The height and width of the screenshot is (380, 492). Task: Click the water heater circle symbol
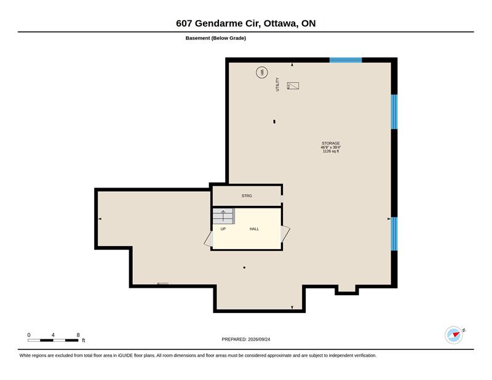click(x=262, y=73)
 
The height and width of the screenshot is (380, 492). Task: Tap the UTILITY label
click(x=277, y=84)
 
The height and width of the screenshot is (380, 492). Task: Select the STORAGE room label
click(x=331, y=143)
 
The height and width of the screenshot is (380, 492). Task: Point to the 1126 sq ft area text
click(x=331, y=151)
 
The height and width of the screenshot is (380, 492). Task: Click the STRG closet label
click(x=247, y=196)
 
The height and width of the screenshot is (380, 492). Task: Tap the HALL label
click(x=254, y=229)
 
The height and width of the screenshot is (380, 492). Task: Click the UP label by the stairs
click(x=223, y=229)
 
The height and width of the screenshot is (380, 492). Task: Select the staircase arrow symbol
click(x=223, y=216)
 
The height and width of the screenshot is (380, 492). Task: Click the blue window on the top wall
click(x=346, y=60)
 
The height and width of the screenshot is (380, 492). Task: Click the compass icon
click(x=454, y=335)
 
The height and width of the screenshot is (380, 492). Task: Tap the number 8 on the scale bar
click(x=78, y=335)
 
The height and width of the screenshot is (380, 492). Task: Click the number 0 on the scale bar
click(x=29, y=335)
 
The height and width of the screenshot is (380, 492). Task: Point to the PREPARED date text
click(x=245, y=339)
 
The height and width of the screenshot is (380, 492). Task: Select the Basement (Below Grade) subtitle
click(x=216, y=38)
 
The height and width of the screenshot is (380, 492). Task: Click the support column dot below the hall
click(x=244, y=267)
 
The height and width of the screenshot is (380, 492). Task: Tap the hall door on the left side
click(x=208, y=239)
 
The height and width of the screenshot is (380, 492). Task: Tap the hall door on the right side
click(x=285, y=234)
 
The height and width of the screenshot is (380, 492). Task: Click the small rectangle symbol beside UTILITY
click(x=293, y=85)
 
